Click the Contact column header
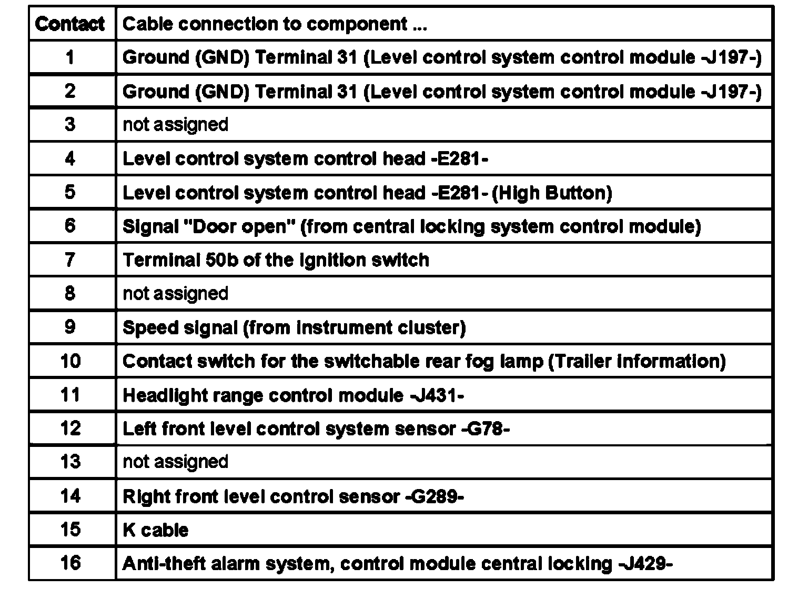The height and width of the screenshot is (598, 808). pyautogui.click(x=69, y=24)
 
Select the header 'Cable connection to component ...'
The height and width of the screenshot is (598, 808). pyautogui.click(x=274, y=24)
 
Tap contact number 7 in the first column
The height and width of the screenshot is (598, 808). pyautogui.click(x=70, y=260)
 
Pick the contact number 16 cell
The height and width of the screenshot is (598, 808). pyautogui.click(x=70, y=563)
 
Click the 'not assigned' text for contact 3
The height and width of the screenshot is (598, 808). pyautogui.click(x=175, y=125)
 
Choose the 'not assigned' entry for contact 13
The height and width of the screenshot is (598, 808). pyautogui.click(x=175, y=462)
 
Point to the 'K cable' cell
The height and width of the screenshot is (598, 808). pyautogui.click(x=155, y=530)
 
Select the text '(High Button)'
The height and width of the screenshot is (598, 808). pyautogui.click(x=552, y=193)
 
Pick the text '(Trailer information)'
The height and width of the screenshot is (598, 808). pyautogui.click(x=637, y=361)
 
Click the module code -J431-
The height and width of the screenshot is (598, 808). pyautogui.click(x=436, y=395)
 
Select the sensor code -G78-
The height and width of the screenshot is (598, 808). pyautogui.click(x=485, y=428)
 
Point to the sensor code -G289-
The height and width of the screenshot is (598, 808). pyautogui.click(x=435, y=496)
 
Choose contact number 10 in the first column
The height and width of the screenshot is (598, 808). pyautogui.click(x=70, y=361)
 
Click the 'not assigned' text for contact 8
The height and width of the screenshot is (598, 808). pyautogui.click(x=175, y=293)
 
